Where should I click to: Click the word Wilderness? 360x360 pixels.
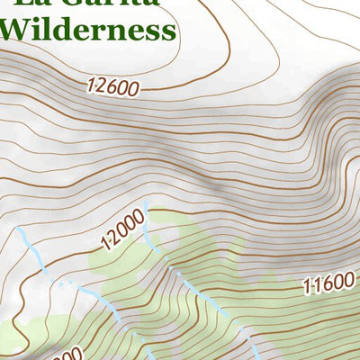pos(86,29)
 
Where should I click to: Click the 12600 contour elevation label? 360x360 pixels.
pos(113,87)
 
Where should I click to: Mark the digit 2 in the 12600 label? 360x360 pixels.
pos(103,85)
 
